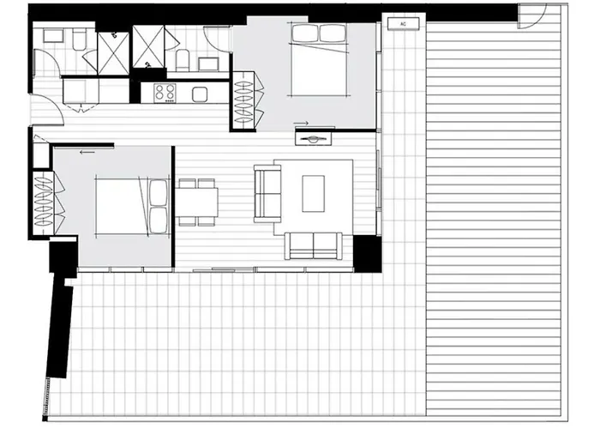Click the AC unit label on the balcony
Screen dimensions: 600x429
(403, 24)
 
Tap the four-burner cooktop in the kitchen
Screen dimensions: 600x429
(165, 93)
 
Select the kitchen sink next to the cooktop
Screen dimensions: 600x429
(200, 94)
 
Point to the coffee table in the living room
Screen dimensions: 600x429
(314, 193)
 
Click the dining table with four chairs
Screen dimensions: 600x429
(197, 202)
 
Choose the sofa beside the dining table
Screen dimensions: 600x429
(267, 193)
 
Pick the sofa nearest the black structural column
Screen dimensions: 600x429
(314, 246)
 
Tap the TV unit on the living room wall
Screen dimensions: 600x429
(314, 138)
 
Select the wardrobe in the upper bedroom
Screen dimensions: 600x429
(247, 101)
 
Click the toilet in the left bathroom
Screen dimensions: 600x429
(80, 40)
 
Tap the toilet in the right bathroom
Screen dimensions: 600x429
(183, 60)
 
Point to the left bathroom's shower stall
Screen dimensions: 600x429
(114, 53)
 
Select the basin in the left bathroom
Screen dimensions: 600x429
(53, 36)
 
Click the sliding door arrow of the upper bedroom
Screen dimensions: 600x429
(301, 124)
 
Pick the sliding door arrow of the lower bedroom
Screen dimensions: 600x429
(87, 153)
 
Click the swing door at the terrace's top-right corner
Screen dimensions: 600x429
(532, 16)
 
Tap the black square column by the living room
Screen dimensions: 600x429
(367, 254)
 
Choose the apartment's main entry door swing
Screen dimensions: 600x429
(47, 110)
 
